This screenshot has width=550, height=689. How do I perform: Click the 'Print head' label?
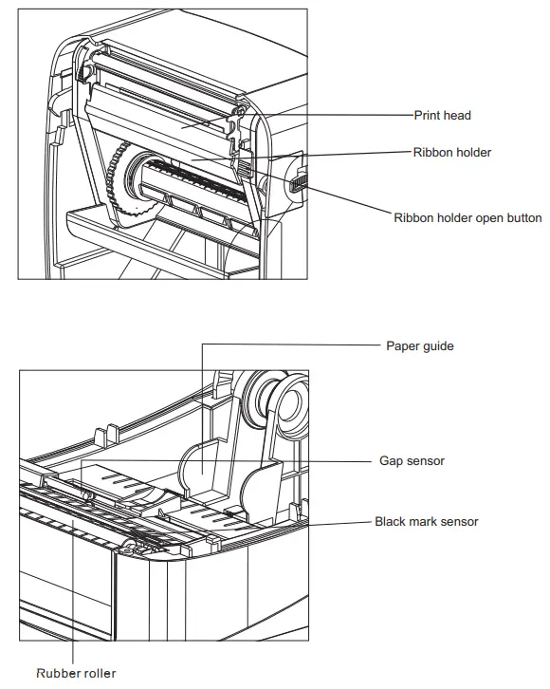pos(442,116)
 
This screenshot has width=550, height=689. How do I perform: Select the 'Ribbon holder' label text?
pos(452,151)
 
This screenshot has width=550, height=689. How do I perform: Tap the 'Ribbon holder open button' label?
pos(467,217)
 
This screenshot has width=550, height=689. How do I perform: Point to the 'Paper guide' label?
pos(419,345)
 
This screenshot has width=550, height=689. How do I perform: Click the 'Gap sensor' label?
pos(411,461)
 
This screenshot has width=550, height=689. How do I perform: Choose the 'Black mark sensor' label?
pos(426,521)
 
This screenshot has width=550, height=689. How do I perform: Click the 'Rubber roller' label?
pos(76,673)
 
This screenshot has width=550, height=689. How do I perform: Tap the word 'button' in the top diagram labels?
pos(522,217)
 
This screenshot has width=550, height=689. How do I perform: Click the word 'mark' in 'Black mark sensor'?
pos(426,521)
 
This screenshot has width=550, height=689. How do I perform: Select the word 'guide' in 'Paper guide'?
pos(437,345)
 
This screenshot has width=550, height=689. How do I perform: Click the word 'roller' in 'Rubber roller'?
pos(97,673)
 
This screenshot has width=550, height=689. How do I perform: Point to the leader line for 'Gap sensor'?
pos(237,461)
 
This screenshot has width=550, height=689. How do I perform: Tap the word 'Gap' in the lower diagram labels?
pos(390,461)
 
